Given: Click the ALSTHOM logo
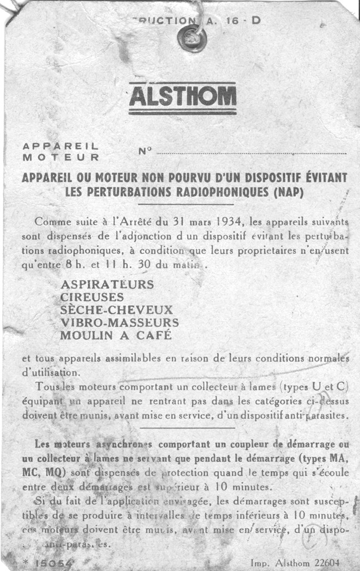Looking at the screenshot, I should [182, 97].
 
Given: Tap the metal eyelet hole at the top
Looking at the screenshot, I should [192, 38].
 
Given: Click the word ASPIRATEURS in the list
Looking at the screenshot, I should [107, 284].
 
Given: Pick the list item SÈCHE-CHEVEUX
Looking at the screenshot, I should [116, 310].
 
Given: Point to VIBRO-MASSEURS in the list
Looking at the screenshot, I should [119, 323].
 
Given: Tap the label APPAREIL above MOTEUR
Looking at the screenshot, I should [61, 146].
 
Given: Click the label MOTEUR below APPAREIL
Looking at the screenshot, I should [61, 157].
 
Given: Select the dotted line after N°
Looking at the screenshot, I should [251, 153].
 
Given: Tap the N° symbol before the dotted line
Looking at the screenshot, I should [144, 150].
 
